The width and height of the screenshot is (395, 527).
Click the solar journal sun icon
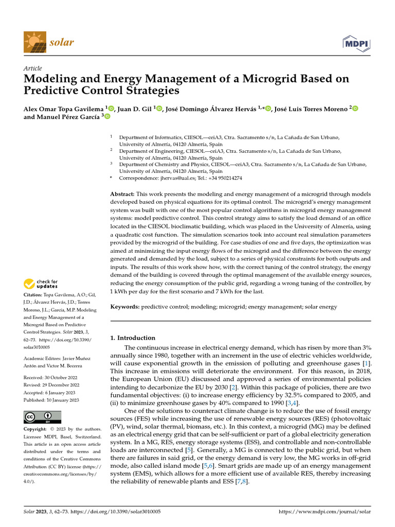[35, 41]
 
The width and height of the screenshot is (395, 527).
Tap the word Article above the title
[33, 68]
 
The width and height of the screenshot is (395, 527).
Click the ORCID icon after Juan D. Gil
[159, 108]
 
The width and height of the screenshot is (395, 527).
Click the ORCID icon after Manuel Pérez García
[107, 117]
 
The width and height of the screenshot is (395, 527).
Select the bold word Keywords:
[125, 307]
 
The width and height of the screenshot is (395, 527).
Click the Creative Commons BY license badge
[42, 417]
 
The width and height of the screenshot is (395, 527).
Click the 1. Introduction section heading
[133, 338]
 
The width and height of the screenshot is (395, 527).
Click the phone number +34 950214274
[224, 178]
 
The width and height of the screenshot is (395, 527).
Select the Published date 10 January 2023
[50, 399]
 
